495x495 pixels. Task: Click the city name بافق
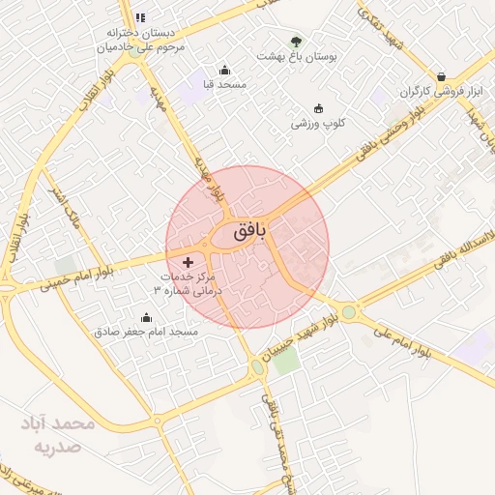click(249, 232)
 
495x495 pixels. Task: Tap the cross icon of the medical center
click(188, 262)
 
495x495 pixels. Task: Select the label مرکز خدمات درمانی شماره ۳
click(189, 283)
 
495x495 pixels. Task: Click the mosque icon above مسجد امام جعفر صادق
click(146, 317)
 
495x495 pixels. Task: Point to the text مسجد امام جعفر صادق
click(146, 332)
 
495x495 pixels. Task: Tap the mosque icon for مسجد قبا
click(225, 70)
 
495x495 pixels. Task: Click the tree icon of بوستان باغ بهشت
click(296, 42)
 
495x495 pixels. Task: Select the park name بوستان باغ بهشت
click(295, 57)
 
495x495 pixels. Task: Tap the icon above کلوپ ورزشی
click(319, 108)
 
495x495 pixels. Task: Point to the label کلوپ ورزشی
click(318, 124)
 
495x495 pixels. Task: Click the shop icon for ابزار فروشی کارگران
click(442, 76)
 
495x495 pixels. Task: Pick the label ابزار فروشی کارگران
click(446, 92)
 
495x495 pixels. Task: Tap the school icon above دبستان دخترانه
click(140, 17)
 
